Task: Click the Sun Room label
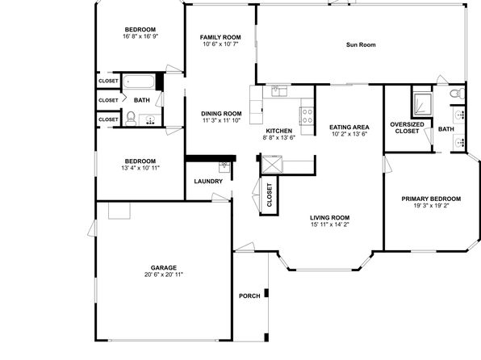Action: click(x=361, y=45)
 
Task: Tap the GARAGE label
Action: click(x=164, y=268)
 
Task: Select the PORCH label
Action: click(x=249, y=296)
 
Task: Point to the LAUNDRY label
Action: click(x=208, y=182)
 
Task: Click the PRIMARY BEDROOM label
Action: click(x=431, y=199)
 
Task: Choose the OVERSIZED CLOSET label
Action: click(x=407, y=128)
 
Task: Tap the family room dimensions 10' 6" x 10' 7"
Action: click(x=220, y=44)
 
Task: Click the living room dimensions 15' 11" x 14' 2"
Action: click(x=330, y=224)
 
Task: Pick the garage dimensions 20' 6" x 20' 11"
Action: click(x=164, y=274)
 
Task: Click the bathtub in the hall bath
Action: click(x=139, y=82)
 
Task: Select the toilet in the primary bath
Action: click(x=458, y=93)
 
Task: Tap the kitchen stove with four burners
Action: click(x=307, y=116)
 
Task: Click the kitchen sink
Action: click(x=279, y=91)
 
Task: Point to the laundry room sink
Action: click(x=224, y=167)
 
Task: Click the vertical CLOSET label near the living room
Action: click(x=270, y=195)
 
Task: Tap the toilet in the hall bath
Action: click(x=131, y=119)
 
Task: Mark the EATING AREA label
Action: click(x=349, y=127)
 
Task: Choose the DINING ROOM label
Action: click(x=221, y=114)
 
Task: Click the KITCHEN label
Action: click(x=279, y=131)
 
